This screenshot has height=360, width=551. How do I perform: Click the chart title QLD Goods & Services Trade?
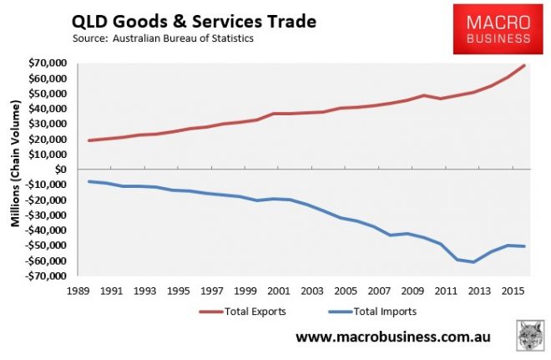[x=193, y=19]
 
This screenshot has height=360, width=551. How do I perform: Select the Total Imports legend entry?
[x=360, y=312]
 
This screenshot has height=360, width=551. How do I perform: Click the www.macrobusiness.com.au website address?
[x=393, y=337]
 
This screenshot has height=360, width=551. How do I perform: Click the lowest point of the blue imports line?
[x=473, y=262]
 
